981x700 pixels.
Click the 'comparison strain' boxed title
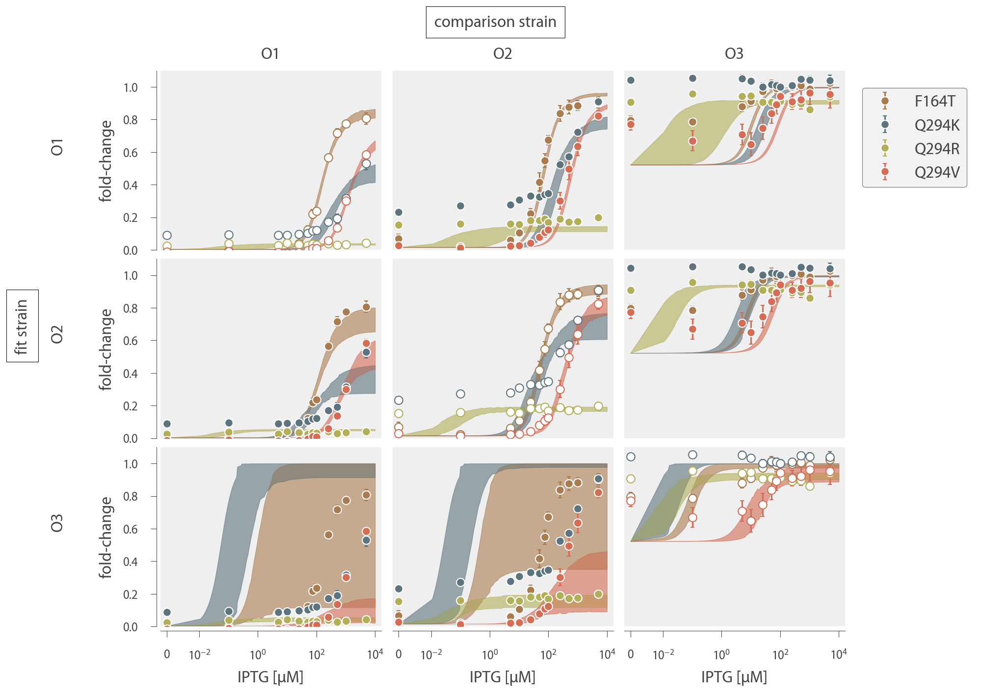tap(495, 22)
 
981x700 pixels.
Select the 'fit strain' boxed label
tap(22, 326)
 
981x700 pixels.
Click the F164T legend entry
tap(934, 102)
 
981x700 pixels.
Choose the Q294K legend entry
tap(936, 125)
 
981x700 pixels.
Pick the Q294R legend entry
tap(936, 149)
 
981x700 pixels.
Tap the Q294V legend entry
tap(936, 172)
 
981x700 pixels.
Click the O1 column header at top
tap(270, 54)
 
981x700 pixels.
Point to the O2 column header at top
tap(503, 54)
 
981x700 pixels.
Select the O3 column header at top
tap(734, 54)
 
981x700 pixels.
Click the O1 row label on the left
tap(57, 147)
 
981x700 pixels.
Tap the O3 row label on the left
tap(57, 523)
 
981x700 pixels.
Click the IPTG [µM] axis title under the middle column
tap(503, 677)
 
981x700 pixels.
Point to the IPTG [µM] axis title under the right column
tap(734, 677)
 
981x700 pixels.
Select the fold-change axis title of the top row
tap(106, 161)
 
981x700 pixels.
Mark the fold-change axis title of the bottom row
tap(106, 538)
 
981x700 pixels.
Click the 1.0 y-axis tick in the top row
tap(131, 87)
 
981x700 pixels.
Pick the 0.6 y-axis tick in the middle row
tap(131, 341)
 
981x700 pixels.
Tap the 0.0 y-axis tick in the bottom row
tap(131, 627)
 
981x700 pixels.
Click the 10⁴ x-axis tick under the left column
tap(375, 654)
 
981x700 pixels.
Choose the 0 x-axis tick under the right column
tap(631, 654)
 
